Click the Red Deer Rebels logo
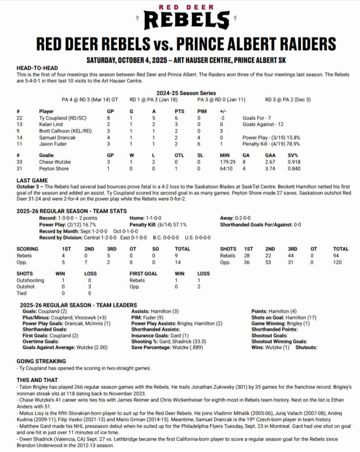[x=187, y=17]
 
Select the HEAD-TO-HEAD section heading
[x=37, y=68]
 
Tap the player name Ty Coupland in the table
[x=60, y=118]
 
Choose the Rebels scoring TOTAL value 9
[x=177, y=255]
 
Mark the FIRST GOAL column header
[x=143, y=274]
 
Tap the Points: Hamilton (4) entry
[x=274, y=311]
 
